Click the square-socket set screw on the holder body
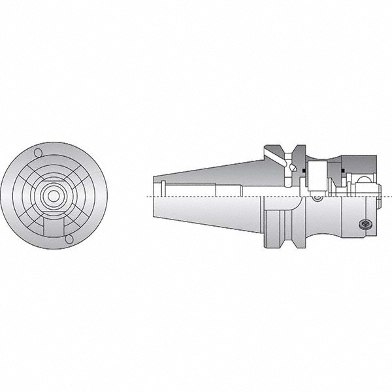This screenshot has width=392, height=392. click(x=365, y=224)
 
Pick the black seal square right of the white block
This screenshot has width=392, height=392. click(x=342, y=172)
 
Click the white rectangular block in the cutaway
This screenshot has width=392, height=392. click(x=317, y=177)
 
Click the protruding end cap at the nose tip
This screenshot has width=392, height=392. click(x=378, y=189)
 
